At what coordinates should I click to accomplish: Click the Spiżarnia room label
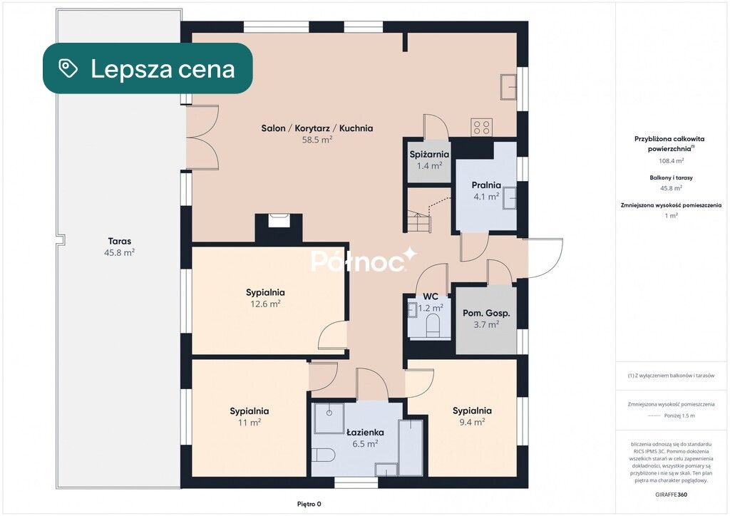(x=429, y=155)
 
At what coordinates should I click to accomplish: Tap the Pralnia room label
(x=486, y=185)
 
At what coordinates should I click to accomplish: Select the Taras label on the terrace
(x=120, y=241)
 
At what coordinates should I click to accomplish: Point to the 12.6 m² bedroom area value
(x=265, y=304)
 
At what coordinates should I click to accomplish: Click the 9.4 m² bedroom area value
(x=472, y=422)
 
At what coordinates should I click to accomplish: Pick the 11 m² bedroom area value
(x=250, y=423)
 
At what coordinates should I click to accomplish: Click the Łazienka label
(x=366, y=432)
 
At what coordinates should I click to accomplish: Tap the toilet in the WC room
(x=433, y=324)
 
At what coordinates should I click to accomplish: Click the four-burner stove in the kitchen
(x=481, y=127)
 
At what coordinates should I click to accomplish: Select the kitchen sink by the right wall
(x=508, y=86)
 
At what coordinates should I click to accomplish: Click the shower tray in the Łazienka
(x=329, y=419)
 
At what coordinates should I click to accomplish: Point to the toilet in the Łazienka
(x=323, y=455)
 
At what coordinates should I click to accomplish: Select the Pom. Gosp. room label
(x=486, y=313)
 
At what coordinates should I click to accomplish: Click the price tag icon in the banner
(x=68, y=68)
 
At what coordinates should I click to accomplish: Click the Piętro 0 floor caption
(x=309, y=504)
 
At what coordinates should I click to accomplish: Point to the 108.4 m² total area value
(x=671, y=161)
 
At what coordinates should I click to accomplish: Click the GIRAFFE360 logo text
(x=671, y=495)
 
